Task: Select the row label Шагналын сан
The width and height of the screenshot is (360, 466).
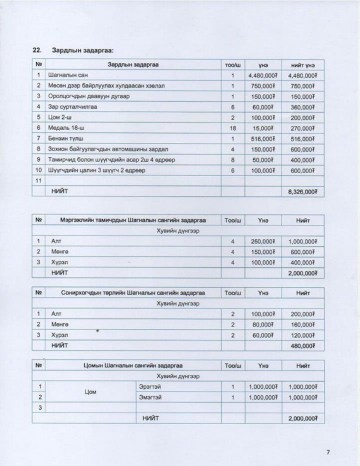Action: [68, 76]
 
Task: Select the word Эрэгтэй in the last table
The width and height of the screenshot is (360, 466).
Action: [149, 386]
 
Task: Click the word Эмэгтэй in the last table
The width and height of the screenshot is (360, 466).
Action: [149, 397]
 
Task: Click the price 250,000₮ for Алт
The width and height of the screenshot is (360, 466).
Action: [263, 241]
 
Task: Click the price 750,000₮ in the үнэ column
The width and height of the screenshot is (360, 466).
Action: [263, 86]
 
